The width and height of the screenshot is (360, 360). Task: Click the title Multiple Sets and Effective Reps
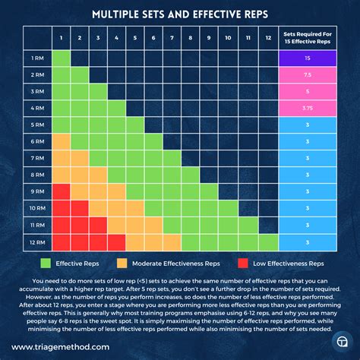coord(179,14)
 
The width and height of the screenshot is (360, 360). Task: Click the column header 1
coord(61,38)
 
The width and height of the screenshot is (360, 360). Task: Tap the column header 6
coord(153,38)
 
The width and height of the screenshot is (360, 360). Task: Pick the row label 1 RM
coord(36,58)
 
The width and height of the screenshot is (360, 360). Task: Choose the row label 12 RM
coord(36,242)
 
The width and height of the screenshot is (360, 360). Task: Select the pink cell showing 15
coord(307,58)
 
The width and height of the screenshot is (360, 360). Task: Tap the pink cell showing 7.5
coord(307,75)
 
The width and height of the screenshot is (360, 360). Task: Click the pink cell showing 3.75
coord(307,109)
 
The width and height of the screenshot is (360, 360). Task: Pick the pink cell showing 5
coord(307,92)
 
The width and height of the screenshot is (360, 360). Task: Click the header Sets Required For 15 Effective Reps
coord(307,38)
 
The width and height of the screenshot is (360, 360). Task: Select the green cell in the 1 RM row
coord(61,58)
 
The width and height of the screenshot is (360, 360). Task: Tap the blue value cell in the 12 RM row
coord(307,242)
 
